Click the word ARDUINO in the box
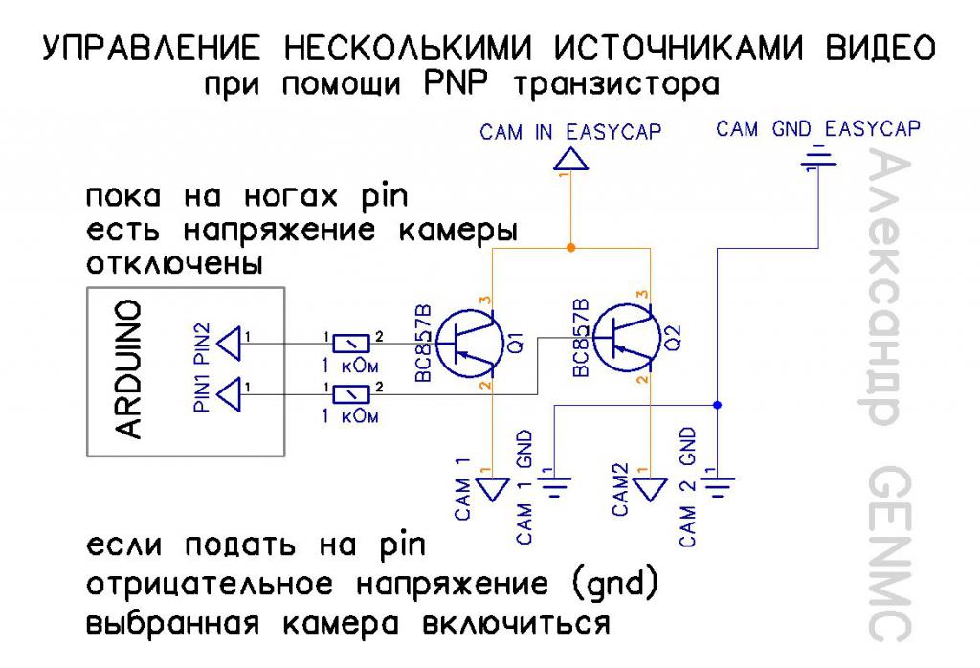[127, 368]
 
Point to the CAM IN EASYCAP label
[570, 133]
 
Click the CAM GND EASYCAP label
[818, 129]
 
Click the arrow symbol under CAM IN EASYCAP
[571, 159]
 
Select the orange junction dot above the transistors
[570, 248]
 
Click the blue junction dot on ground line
[717, 405]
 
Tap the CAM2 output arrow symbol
[651, 490]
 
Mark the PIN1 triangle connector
[231, 392]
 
